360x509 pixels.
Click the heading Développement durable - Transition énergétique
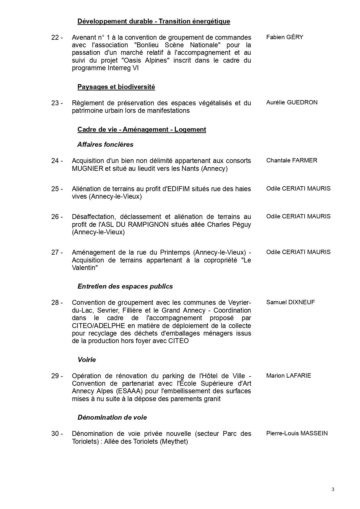[x=154, y=21]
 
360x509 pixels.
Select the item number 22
[x=57, y=37]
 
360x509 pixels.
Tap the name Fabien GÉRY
[x=285, y=37]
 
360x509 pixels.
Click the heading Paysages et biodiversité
[x=116, y=87]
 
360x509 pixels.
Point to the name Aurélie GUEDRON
[x=292, y=102]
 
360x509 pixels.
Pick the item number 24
[x=57, y=161]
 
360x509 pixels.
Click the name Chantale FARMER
[x=292, y=160]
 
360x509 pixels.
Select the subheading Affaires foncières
[x=105, y=144]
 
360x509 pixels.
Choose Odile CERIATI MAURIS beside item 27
[x=298, y=252]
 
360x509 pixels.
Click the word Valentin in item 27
[x=84, y=268]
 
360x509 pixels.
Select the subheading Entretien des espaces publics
[x=125, y=287]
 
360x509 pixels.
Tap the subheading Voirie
[x=86, y=360]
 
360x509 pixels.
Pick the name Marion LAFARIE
[x=289, y=376]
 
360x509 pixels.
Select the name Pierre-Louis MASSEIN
[x=297, y=434]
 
